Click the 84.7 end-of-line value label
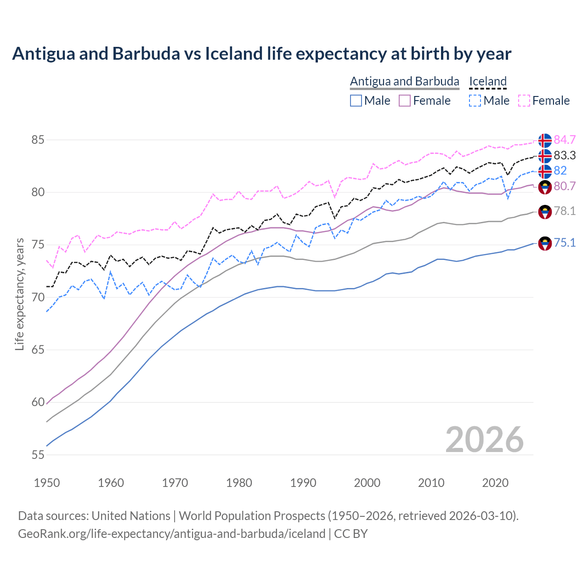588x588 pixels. tap(565, 140)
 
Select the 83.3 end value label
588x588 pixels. tap(565, 155)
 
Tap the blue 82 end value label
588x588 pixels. tap(560, 170)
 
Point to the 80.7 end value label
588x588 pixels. tap(565, 186)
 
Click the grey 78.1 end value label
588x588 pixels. tap(565, 211)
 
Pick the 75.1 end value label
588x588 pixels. tap(565, 243)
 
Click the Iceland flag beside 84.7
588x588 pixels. tap(545, 140)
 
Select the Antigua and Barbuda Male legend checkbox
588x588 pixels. tap(356, 101)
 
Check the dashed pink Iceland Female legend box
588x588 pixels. tap(524, 101)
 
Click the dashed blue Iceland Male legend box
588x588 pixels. tap(475, 101)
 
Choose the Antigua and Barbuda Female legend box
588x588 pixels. tap(405, 101)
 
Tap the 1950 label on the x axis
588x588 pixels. tap(47, 483)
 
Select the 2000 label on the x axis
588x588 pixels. tap(367, 483)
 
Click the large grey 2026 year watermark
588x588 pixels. tap(485, 440)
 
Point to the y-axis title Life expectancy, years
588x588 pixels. tap(19, 294)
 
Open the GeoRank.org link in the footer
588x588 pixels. tap(171, 534)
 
